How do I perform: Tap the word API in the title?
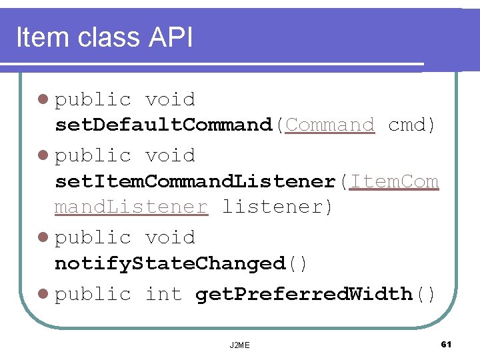click(x=171, y=38)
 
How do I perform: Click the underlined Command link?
click(x=329, y=125)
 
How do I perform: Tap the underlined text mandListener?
click(x=131, y=207)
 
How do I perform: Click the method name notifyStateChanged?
click(x=169, y=263)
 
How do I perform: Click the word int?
click(x=163, y=294)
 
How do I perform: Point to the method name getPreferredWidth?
click(x=304, y=294)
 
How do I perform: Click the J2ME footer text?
click(x=239, y=345)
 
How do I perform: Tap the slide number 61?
click(x=446, y=344)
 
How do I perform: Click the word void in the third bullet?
click(x=170, y=237)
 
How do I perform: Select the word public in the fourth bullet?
click(x=93, y=294)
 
